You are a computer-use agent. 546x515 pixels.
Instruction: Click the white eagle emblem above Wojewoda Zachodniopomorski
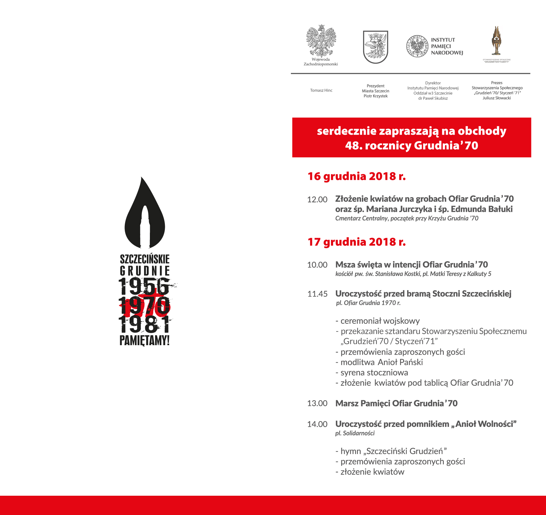pyautogui.click(x=321, y=41)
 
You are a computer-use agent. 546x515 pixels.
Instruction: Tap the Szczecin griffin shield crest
pyautogui.click(x=375, y=47)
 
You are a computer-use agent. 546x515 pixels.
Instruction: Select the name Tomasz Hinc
pyautogui.click(x=321, y=90)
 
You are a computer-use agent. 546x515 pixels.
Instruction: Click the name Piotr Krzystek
pyautogui.click(x=375, y=96)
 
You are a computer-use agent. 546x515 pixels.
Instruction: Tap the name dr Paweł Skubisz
pyautogui.click(x=433, y=98)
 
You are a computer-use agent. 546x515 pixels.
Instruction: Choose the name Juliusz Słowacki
pyautogui.click(x=497, y=98)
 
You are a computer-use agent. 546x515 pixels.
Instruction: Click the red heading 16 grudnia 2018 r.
pyautogui.click(x=357, y=177)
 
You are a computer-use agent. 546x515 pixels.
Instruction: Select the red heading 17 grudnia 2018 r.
pyautogui.click(x=357, y=242)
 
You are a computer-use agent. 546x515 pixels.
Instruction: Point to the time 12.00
pyautogui.click(x=317, y=200)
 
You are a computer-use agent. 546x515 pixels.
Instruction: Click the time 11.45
pyautogui.click(x=317, y=294)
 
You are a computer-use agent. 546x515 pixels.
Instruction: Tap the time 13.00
pyautogui.click(x=317, y=403)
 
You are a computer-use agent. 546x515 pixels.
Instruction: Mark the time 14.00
pyautogui.click(x=317, y=424)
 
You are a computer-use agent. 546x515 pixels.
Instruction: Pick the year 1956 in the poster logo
pyautogui.click(x=144, y=286)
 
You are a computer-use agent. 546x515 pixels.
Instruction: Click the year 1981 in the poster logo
pyautogui.click(x=144, y=325)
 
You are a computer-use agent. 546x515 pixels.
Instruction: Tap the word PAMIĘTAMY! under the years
pyautogui.click(x=144, y=340)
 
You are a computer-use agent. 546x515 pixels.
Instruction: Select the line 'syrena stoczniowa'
pyautogui.click(x=374, y=373)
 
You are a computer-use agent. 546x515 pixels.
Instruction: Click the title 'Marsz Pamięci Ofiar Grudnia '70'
pyautogui.click(x=396, y=403)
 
